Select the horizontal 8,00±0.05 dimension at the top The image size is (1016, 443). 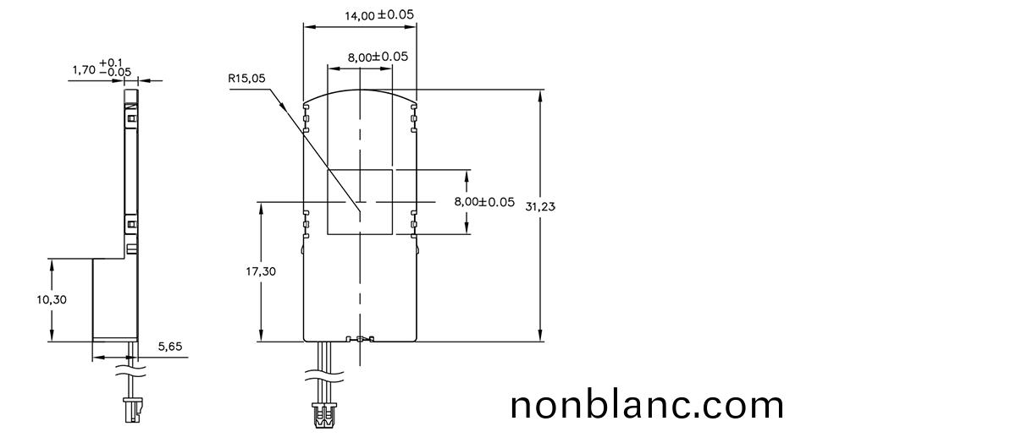[378, 57]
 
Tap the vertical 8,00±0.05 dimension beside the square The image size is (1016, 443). [484, 202]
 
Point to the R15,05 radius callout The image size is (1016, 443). [246, 79]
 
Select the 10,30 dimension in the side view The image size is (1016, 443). [52, 299]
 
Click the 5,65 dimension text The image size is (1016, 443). [170, 346]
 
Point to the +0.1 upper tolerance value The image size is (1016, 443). [111, 63]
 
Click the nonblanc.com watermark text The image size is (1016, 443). [647, 405]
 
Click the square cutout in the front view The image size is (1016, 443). [360, 201]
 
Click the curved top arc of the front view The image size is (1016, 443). [360, 91]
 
